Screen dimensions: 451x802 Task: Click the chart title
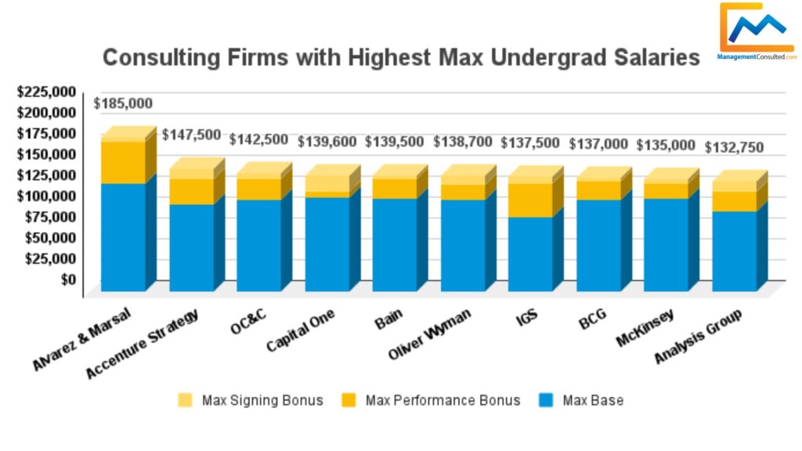pyautogui.click(x=401, y=57)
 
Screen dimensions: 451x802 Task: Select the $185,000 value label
pyautogui.click(x=123, y=103)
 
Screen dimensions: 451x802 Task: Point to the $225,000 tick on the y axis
pyautogui.click(x=47, y=92)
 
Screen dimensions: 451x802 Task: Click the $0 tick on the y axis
pyautogui.click(x=69, y=279)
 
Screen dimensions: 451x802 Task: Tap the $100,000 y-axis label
pyautogui.click(x=47, y=196)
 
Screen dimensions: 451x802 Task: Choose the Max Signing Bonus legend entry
pyautogui.click(x=251, y=400)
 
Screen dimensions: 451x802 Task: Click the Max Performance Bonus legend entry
pyautogui.click(x=431, y=400)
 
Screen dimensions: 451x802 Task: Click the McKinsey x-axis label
pyautogui.click(x=657, y=324)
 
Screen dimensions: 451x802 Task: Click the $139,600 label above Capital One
pyautogui.click(x=327, y=142)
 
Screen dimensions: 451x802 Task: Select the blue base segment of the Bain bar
pyautogui.click(x=394, y=244)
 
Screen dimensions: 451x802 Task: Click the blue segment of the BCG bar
pyautogui.click(x=598, y=245)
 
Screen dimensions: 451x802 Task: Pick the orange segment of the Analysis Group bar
pyautogui.click(x=734, y=201)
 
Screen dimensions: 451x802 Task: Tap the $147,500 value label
pyautogui.click(x=191, y=135)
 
